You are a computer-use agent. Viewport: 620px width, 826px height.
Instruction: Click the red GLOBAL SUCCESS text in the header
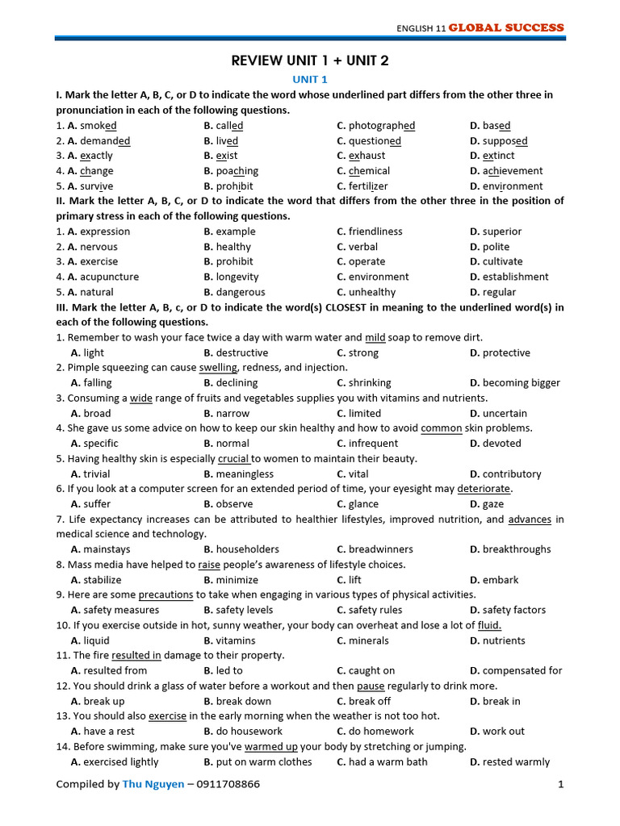coord(506,27)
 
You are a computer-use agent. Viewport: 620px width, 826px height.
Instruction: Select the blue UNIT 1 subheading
coord(310,79)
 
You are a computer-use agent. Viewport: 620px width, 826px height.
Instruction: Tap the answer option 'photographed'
coord(382,126)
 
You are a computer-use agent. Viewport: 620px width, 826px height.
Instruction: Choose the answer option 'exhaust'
coord(367,156)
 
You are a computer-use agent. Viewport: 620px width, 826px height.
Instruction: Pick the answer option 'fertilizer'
coord(368,186)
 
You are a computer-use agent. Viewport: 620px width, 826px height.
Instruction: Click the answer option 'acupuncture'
coord(110,277)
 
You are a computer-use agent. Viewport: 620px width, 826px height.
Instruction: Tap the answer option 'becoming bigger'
coord(522,383)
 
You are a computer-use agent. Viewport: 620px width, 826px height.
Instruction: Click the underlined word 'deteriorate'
coord(484,489)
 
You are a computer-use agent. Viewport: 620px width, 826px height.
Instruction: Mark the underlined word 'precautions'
coord(165,594)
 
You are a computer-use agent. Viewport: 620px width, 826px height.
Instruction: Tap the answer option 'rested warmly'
coord(516,761)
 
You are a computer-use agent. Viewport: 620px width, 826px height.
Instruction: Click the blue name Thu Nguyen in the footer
coord(153,784)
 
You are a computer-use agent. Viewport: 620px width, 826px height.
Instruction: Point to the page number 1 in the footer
coord(559,784)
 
